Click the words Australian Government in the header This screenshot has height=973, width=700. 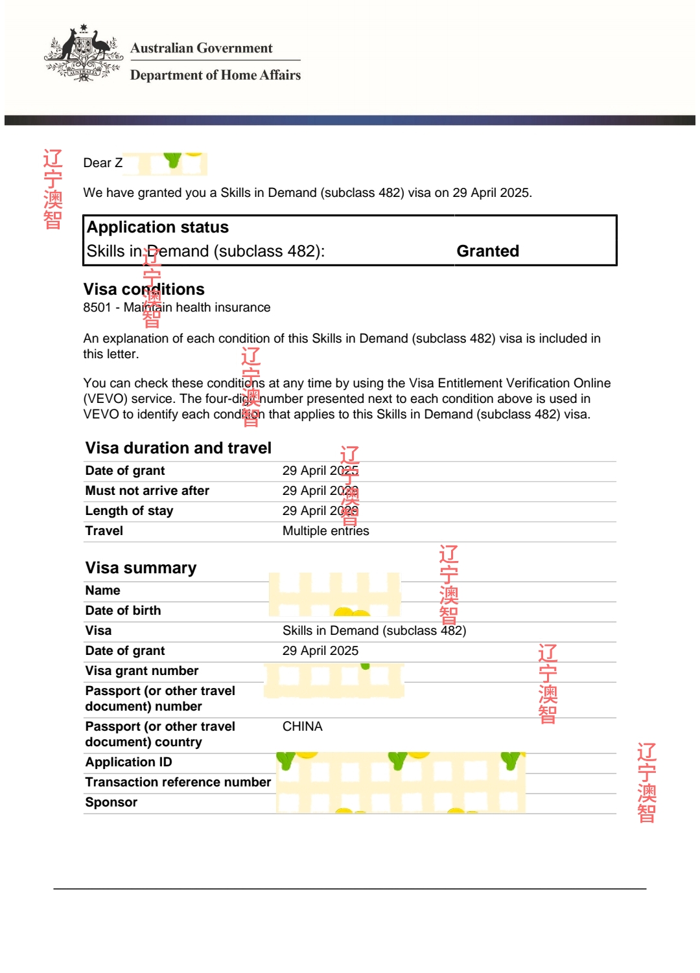coord(201,48)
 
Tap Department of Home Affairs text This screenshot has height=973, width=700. coord(215,75)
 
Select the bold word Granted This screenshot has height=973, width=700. coord(487,251)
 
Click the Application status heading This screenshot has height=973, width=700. coord(157,227)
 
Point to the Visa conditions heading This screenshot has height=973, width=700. coord(144,289)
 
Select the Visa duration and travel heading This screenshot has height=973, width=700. coord(178,448)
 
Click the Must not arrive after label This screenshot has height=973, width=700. coord(147,491)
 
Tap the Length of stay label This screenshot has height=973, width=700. coord(129,511)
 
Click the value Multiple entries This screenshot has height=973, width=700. coord(325,531)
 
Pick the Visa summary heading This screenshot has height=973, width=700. coord(141,568)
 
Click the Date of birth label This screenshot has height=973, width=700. coord(123,611)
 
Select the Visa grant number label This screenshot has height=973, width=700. coord(142,671)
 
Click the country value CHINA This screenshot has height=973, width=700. coord(302,727)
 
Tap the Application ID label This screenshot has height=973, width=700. coord(128,762)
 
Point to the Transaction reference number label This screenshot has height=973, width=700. coord(178,783)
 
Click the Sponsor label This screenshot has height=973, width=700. coord(111,803)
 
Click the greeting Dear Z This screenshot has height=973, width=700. coord(102,163)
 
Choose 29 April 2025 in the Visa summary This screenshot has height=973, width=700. coord(320,651)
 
